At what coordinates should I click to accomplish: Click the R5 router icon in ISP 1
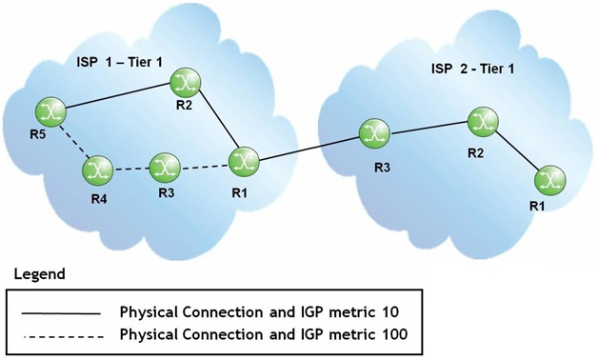[x=50, y=111]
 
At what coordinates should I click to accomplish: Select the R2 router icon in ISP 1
[x=186, y=83]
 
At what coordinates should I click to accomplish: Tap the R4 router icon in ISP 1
[x=98, y=170]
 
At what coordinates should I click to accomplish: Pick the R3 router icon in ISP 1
[x=165, y=169]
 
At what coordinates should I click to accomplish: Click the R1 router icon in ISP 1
[x=244, y=162]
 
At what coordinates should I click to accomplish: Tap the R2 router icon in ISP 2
[x=483, y=122]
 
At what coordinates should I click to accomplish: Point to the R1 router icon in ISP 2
[x=550, y=180]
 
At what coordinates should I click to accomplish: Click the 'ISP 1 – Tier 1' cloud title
[x=119, y=62]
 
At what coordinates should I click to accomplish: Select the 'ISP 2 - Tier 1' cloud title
[x=472, y=69]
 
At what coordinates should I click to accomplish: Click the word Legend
[x=40, y=274]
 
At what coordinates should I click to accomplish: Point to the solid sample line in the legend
[x=61, y=313]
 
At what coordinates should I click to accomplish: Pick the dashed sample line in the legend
[x=63, y=336]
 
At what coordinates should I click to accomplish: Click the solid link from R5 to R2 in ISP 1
[x=118, y=97]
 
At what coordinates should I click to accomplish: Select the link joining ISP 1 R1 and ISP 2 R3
[x=309, y=149]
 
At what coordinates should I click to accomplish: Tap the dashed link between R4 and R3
[x=131, y=169]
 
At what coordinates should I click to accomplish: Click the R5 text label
[x=38, y=134]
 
